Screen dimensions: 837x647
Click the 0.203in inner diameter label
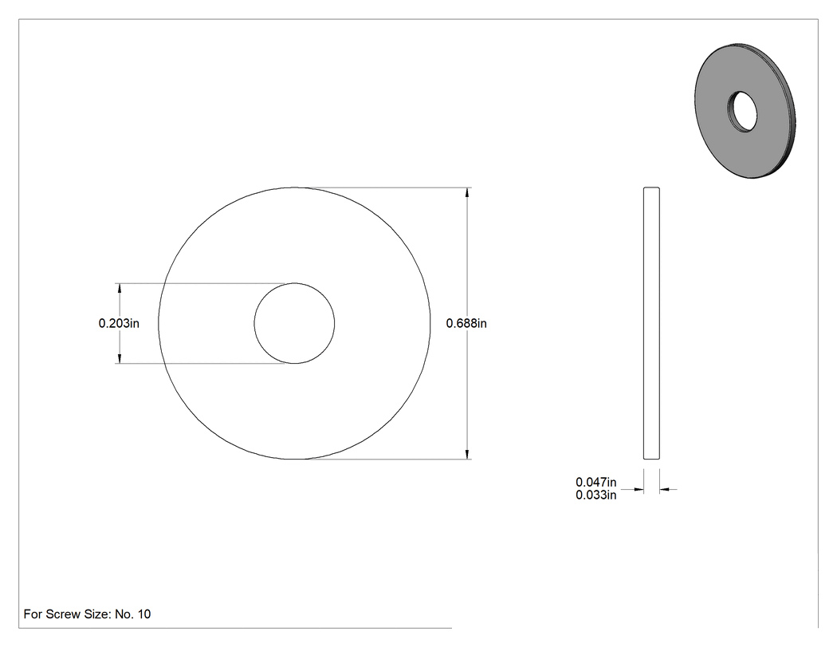(119, 323)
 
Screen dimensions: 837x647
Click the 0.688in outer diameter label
(466, 323)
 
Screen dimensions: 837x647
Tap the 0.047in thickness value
(595, 482)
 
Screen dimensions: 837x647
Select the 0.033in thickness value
(595, 495)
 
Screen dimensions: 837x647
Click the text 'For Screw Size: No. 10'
(87, 614)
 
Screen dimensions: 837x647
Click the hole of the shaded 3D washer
(742, 112)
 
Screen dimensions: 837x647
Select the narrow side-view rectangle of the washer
(651, 323)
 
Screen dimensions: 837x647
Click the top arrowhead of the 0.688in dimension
(468, 192)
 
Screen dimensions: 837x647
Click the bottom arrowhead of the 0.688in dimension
(468, 454)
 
